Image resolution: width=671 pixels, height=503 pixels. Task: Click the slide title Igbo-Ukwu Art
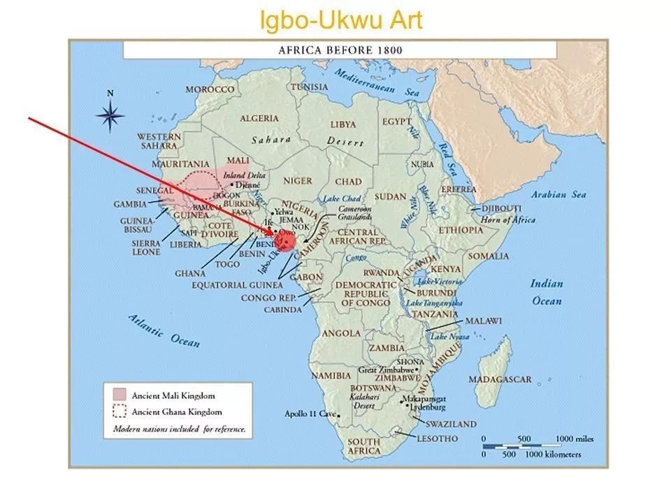point(341,21)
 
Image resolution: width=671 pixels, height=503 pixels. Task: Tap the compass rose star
point(110,115)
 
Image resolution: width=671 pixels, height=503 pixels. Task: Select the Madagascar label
point(500,379)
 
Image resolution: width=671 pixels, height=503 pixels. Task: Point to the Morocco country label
point(210,90)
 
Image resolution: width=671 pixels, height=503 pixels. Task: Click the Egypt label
point(396,121)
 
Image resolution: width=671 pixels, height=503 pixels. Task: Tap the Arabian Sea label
point(558,195)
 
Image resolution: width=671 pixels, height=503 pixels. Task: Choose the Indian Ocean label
point(546,292)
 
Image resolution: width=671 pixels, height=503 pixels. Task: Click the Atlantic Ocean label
point(165,330)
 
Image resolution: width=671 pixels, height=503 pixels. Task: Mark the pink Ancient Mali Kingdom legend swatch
point(119,396)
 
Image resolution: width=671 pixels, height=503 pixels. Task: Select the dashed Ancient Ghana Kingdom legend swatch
point(119,412)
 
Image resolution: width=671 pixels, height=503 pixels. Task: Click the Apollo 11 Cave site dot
point(339,415)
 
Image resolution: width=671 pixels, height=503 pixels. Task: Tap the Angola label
point(341,333)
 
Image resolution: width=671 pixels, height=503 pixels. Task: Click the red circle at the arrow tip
point(284,241)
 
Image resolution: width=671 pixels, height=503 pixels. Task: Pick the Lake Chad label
point(341,199)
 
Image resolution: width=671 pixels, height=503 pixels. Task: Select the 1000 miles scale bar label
point(575,439)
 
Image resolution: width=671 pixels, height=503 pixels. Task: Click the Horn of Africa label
point(508,220)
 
